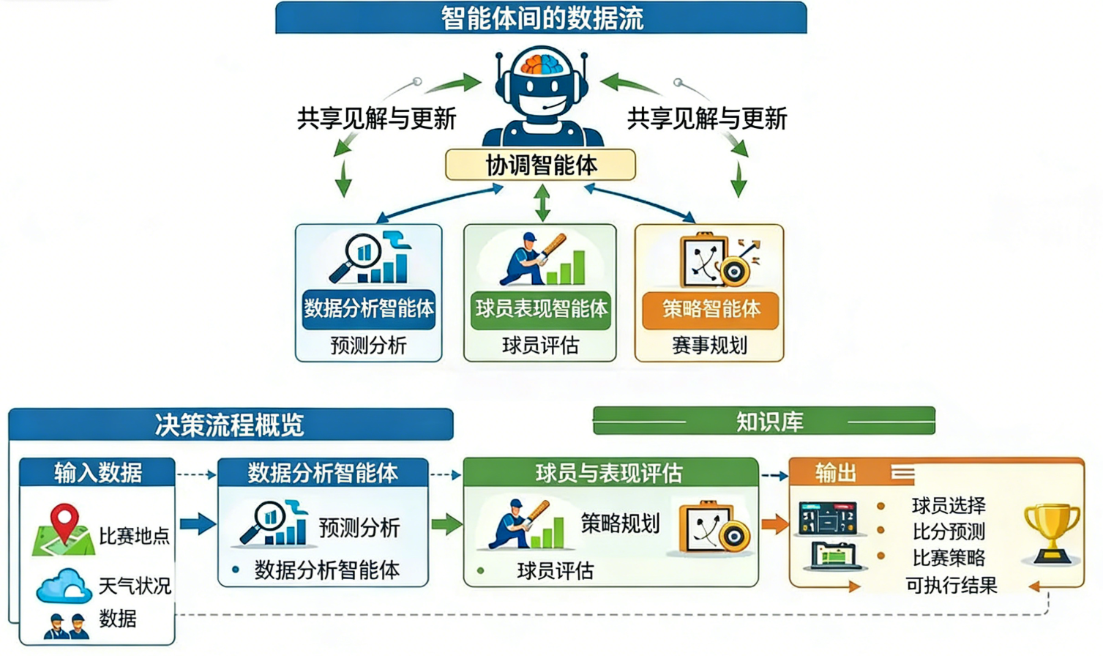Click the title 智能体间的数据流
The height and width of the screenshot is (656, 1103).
(541, 18)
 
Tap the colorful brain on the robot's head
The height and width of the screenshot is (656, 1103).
(542, 64)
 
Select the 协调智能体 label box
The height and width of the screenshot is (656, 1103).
(540, 165)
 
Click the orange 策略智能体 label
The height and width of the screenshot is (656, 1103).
(709, 309)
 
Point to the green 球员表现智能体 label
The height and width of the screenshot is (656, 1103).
(540, 309)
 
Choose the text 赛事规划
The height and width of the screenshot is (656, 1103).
(708, 345)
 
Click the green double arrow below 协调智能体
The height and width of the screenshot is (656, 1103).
(542, 202)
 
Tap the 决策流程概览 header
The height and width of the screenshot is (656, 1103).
(230, 425)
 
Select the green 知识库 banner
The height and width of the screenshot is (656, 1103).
(764, 421)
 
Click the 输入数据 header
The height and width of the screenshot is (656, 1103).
(97, 473)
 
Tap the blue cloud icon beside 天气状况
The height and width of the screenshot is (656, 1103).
(64, 586)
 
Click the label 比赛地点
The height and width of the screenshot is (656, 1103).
(134, 536)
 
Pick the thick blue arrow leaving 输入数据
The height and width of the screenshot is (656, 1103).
(197, 523)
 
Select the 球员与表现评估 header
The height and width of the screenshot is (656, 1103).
(609, 473)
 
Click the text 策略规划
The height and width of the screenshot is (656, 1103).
(619, 523)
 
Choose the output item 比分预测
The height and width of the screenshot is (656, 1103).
(949, 532)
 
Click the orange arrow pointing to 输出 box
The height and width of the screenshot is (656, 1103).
(774, 524)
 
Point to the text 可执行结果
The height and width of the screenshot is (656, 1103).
(951, 585)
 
